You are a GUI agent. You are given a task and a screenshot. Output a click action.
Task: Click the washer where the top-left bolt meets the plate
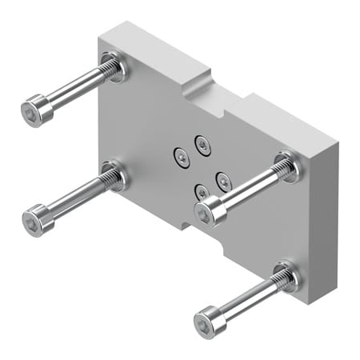click(114, 66)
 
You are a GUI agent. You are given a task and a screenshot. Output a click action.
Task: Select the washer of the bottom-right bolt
click(286, 277)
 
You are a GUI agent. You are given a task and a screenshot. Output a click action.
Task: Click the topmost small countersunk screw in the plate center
click(202, 145)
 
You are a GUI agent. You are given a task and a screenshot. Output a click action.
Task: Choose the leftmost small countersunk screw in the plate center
click(181, 158)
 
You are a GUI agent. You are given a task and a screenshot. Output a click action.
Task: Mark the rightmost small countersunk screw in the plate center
click(223, 179)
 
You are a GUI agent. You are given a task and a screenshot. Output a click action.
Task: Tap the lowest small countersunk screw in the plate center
click(202, 192)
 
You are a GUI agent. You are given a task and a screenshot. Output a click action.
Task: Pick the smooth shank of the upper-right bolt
click(244, 191)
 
